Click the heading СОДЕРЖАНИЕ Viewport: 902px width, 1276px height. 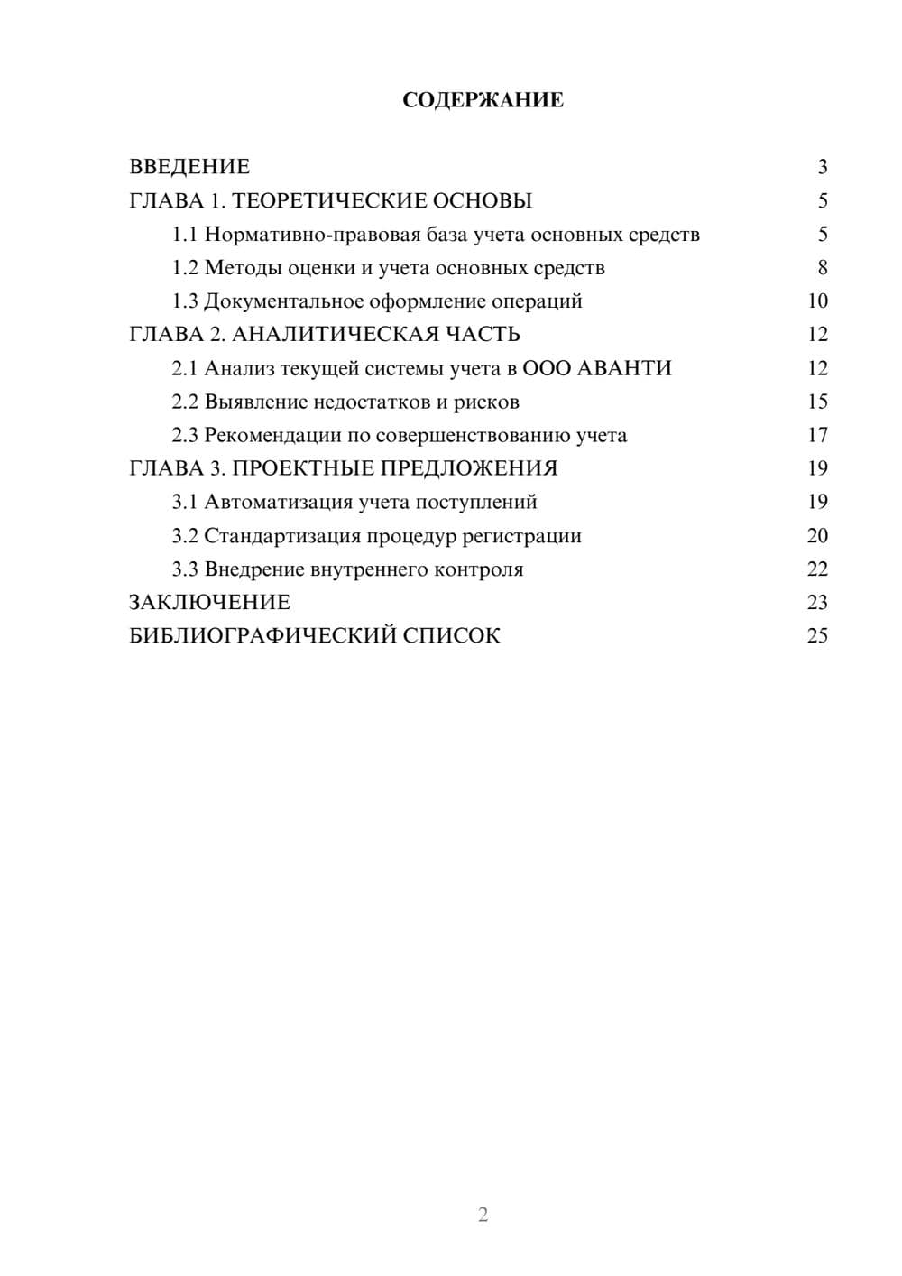[483, 100]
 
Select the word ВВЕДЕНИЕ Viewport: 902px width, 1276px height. [189, 167]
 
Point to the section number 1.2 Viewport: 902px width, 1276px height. [185, 268]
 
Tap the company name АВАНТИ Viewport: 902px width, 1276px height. [623, 368]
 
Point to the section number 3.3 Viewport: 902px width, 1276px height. [185, 569]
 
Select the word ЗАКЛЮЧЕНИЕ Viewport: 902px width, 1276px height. [210, 603]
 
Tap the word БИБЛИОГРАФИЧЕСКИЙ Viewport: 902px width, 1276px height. [262, 636]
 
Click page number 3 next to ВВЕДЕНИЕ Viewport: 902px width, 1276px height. [822, 167]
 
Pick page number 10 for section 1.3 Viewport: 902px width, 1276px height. [817, 301]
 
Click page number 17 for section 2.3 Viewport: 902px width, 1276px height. [817, 435]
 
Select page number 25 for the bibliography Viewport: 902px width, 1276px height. [817, 636]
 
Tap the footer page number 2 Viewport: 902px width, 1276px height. [483, 1215]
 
